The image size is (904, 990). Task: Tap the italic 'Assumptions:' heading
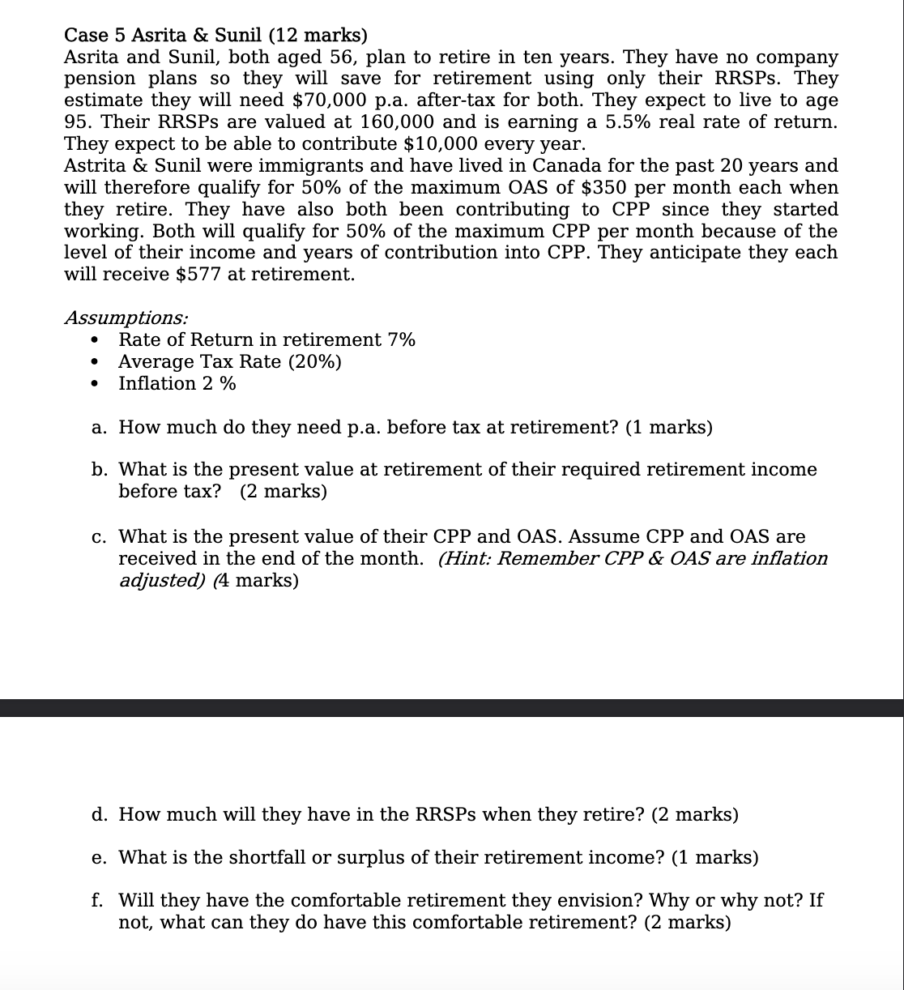126,318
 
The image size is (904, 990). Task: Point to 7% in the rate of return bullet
401,339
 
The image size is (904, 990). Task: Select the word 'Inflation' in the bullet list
156,383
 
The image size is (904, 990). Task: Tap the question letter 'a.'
100,427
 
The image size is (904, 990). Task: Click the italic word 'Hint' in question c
466,558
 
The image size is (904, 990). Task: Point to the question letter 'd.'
100,814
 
